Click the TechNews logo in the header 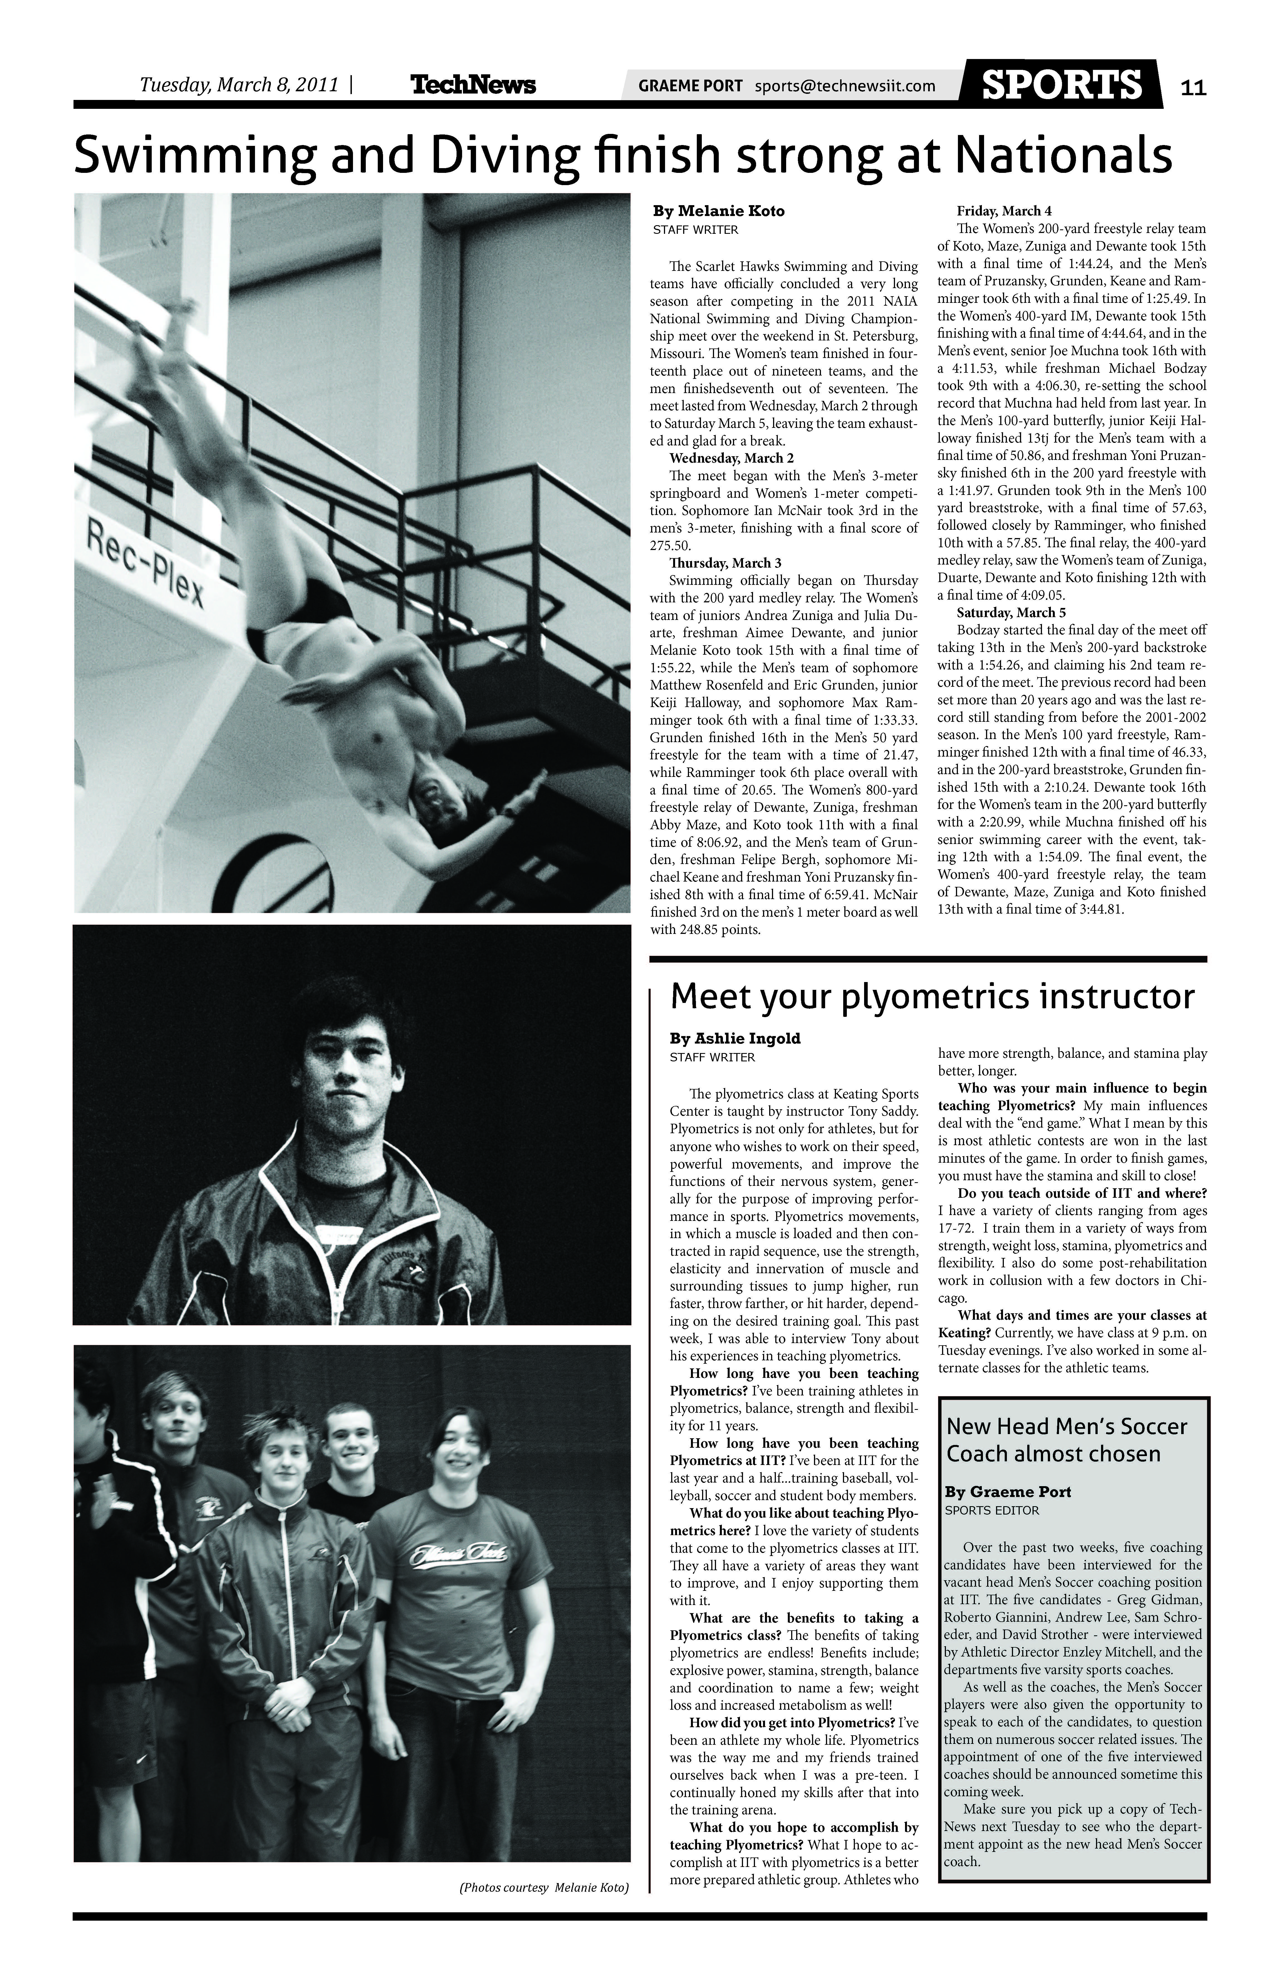tap(473, 85)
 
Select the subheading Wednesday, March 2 tap(731, 458)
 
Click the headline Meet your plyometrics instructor tap(932, 997)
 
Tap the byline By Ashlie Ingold tap(735, 1039)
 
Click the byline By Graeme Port tap(1008, 1492)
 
